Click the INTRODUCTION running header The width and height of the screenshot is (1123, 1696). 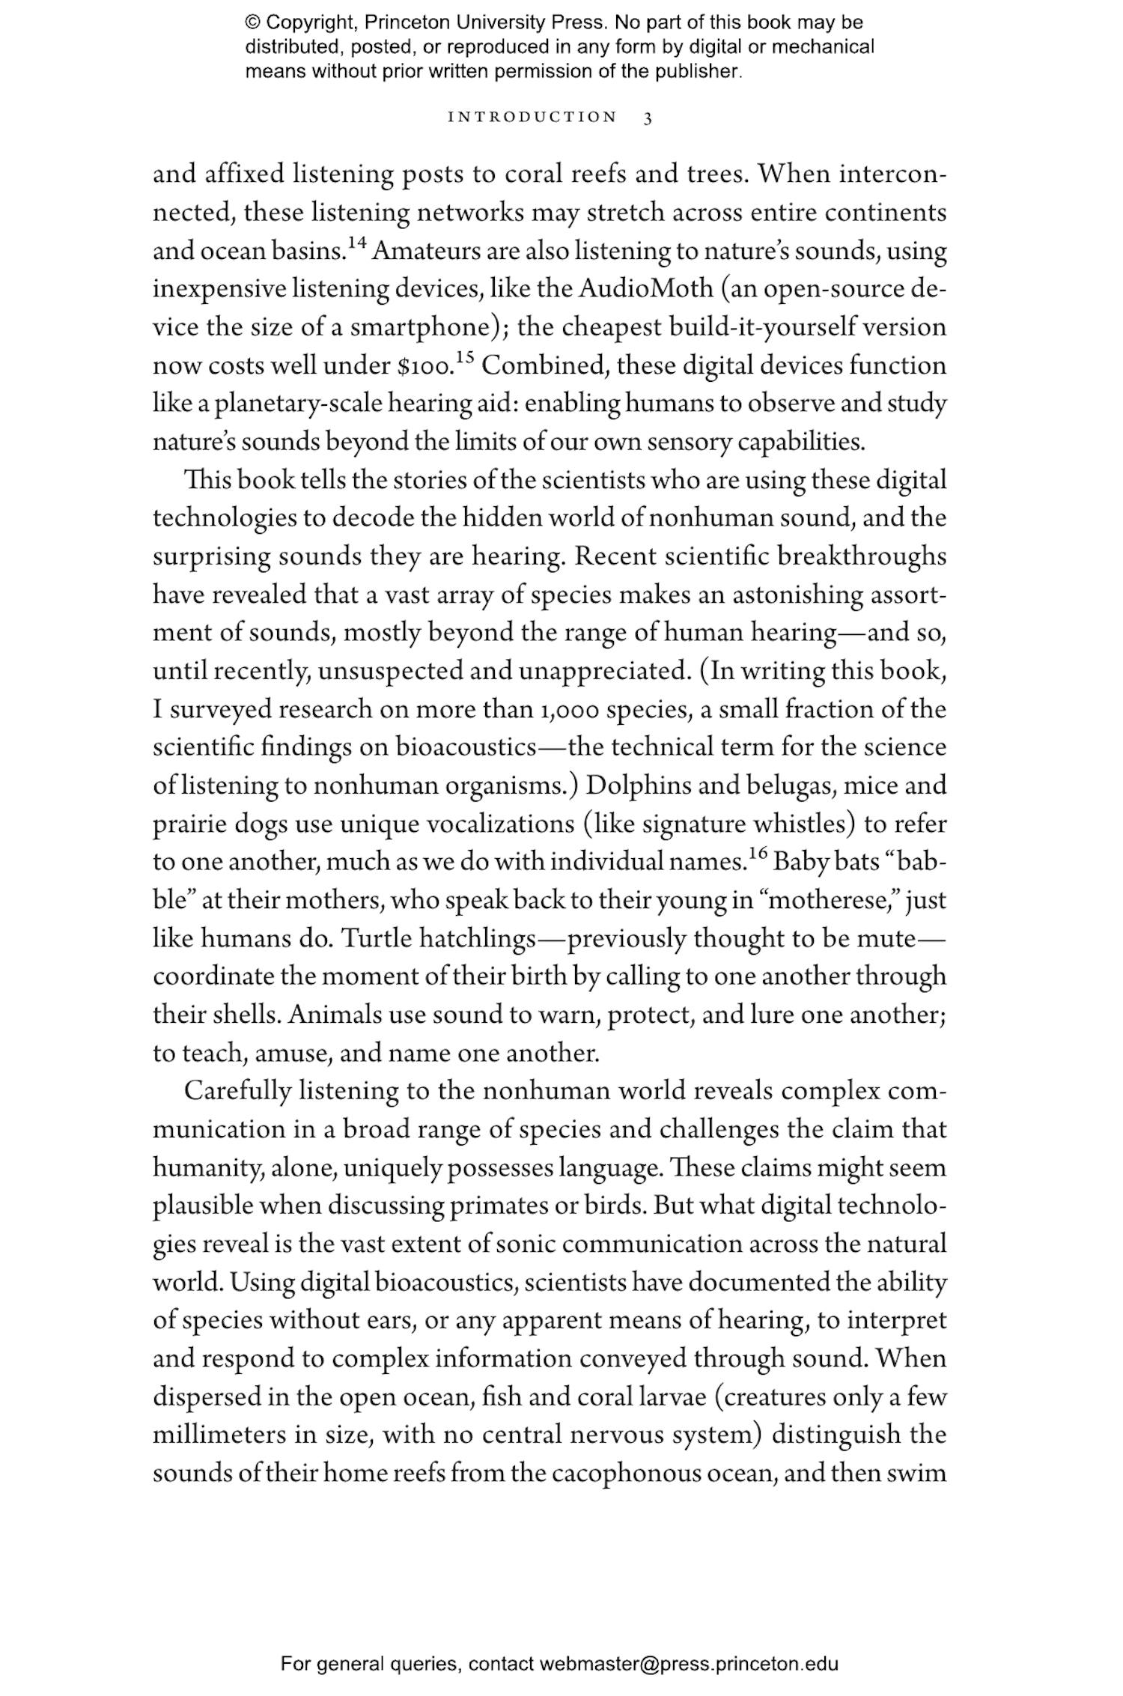point(532,118)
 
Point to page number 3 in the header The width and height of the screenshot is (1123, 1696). point(648,118)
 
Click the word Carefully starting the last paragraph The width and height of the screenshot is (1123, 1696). point(237,1092)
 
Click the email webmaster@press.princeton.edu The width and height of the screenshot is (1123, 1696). point(689,1664)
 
